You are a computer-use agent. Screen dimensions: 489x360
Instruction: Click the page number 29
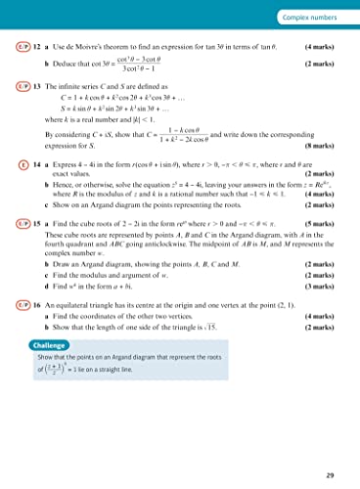tap(338, 474)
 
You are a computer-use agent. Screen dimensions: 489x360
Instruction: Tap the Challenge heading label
tap(52, 399)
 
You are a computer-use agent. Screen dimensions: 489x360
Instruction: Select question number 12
tap(36, 46)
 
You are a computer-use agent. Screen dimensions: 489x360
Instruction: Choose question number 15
tap(36, 252)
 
